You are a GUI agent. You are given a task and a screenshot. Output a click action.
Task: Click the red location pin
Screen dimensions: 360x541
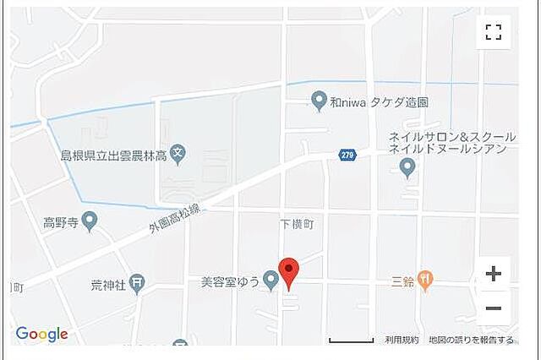tap(289, 273)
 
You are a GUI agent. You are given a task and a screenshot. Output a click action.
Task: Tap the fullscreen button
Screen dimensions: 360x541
tap(494, 33)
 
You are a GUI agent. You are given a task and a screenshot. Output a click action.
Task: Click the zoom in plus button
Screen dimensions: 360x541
tap(494, 274)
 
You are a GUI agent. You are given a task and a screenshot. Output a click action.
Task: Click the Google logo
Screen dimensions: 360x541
tap(41, 335)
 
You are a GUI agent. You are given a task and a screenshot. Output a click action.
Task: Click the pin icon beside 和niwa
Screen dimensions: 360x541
tap(319, 101)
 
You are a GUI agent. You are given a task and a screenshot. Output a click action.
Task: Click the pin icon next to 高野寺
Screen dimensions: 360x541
tap(90, 222)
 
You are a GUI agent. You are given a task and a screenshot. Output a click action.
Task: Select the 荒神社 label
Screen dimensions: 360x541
tap(108, 285)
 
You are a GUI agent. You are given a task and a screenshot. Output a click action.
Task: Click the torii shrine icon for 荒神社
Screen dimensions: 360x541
tap(138, 285)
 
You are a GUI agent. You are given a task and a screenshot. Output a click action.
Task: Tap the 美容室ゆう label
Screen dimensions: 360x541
tap(228, 280)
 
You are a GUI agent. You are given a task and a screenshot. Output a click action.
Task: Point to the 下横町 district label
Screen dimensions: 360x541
tap(297, 224)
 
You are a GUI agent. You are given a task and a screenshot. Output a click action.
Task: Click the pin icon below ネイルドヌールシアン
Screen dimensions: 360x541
tap(407, 169)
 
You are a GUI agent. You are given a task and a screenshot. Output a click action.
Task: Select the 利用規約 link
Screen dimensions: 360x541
tap(402, 340)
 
